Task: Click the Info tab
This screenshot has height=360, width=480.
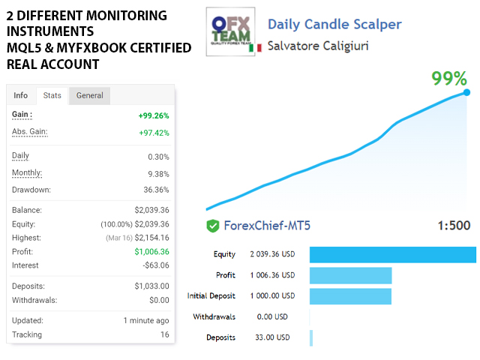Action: (21, 95)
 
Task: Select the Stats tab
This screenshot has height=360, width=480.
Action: (52, 95)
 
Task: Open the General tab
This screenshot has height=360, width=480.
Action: (90, 95)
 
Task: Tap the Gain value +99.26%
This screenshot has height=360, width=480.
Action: (154, 115)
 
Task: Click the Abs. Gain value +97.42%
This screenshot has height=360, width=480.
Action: (154, 133)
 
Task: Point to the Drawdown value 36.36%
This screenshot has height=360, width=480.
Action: (156, 190)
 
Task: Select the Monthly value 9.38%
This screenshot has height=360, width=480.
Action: (158, 173)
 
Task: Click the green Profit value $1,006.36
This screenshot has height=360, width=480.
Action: (152, 252)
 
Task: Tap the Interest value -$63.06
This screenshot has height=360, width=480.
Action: (156, 265)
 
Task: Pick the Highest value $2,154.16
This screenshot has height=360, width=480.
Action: (152, 238)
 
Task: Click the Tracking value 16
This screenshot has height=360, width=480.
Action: (164, 334)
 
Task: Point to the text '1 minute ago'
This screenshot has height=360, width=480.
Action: (146, 320)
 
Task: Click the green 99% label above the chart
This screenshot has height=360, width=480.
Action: (449, 79)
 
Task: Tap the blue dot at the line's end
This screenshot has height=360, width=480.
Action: (466, 93)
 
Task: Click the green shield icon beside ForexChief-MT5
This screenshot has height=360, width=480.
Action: (213, 226)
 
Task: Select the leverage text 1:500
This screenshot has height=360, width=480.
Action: (454, 226)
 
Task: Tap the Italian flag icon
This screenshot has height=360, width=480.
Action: (259, 47)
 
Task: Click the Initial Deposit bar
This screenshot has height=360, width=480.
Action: (350, 296)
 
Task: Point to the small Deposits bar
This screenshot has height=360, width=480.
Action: (311, 337)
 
